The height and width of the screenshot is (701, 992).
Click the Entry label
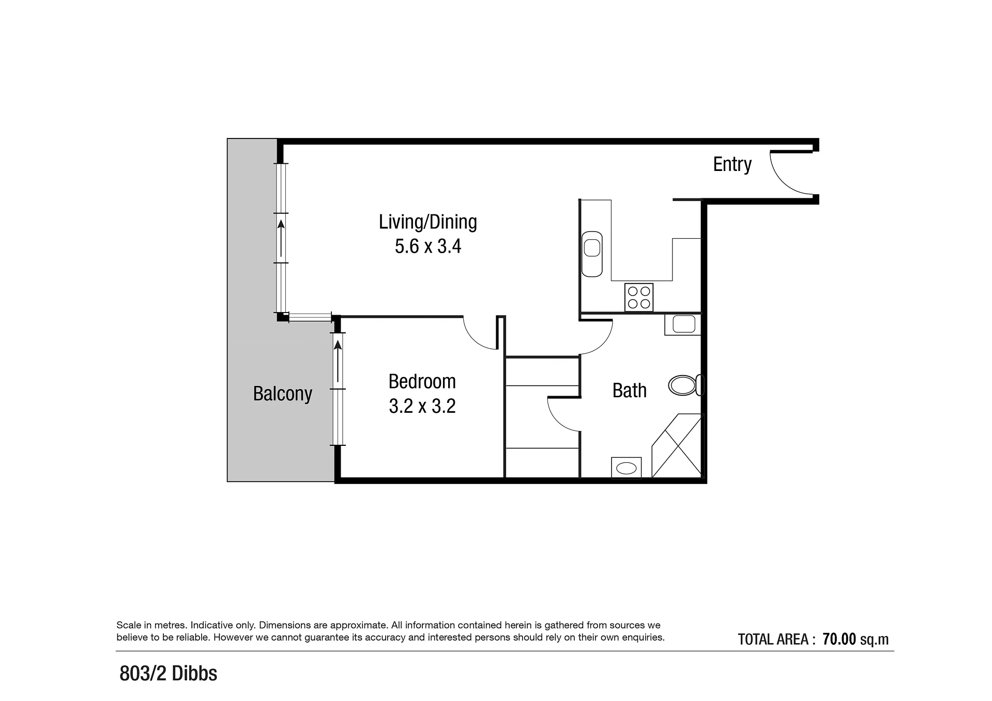pos(732,164)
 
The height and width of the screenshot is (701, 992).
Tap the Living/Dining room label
pos(428,222)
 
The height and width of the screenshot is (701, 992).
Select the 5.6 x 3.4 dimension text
pos(428,246)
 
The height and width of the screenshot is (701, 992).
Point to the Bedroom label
pos(422,381)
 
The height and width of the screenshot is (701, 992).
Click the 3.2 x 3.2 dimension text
pos(422,406)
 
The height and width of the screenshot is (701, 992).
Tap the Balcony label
pos(283,394)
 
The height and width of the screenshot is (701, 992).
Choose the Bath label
pos(630,391)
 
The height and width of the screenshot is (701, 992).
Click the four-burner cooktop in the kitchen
pos(639,298)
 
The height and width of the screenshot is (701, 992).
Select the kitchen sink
pos(592,254)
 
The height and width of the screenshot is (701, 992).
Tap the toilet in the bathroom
pos(686,385)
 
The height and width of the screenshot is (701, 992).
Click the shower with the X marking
pos(677,445)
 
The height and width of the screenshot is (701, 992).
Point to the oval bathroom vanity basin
pos(627,468)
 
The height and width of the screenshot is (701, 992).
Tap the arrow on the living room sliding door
pos(281,238)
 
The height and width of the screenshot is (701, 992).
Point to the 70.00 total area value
pos(840,639)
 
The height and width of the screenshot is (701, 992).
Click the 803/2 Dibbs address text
pos(169,674)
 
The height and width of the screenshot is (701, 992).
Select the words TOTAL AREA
pos(773,640)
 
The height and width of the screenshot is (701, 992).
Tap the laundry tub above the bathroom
pos(683,324)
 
